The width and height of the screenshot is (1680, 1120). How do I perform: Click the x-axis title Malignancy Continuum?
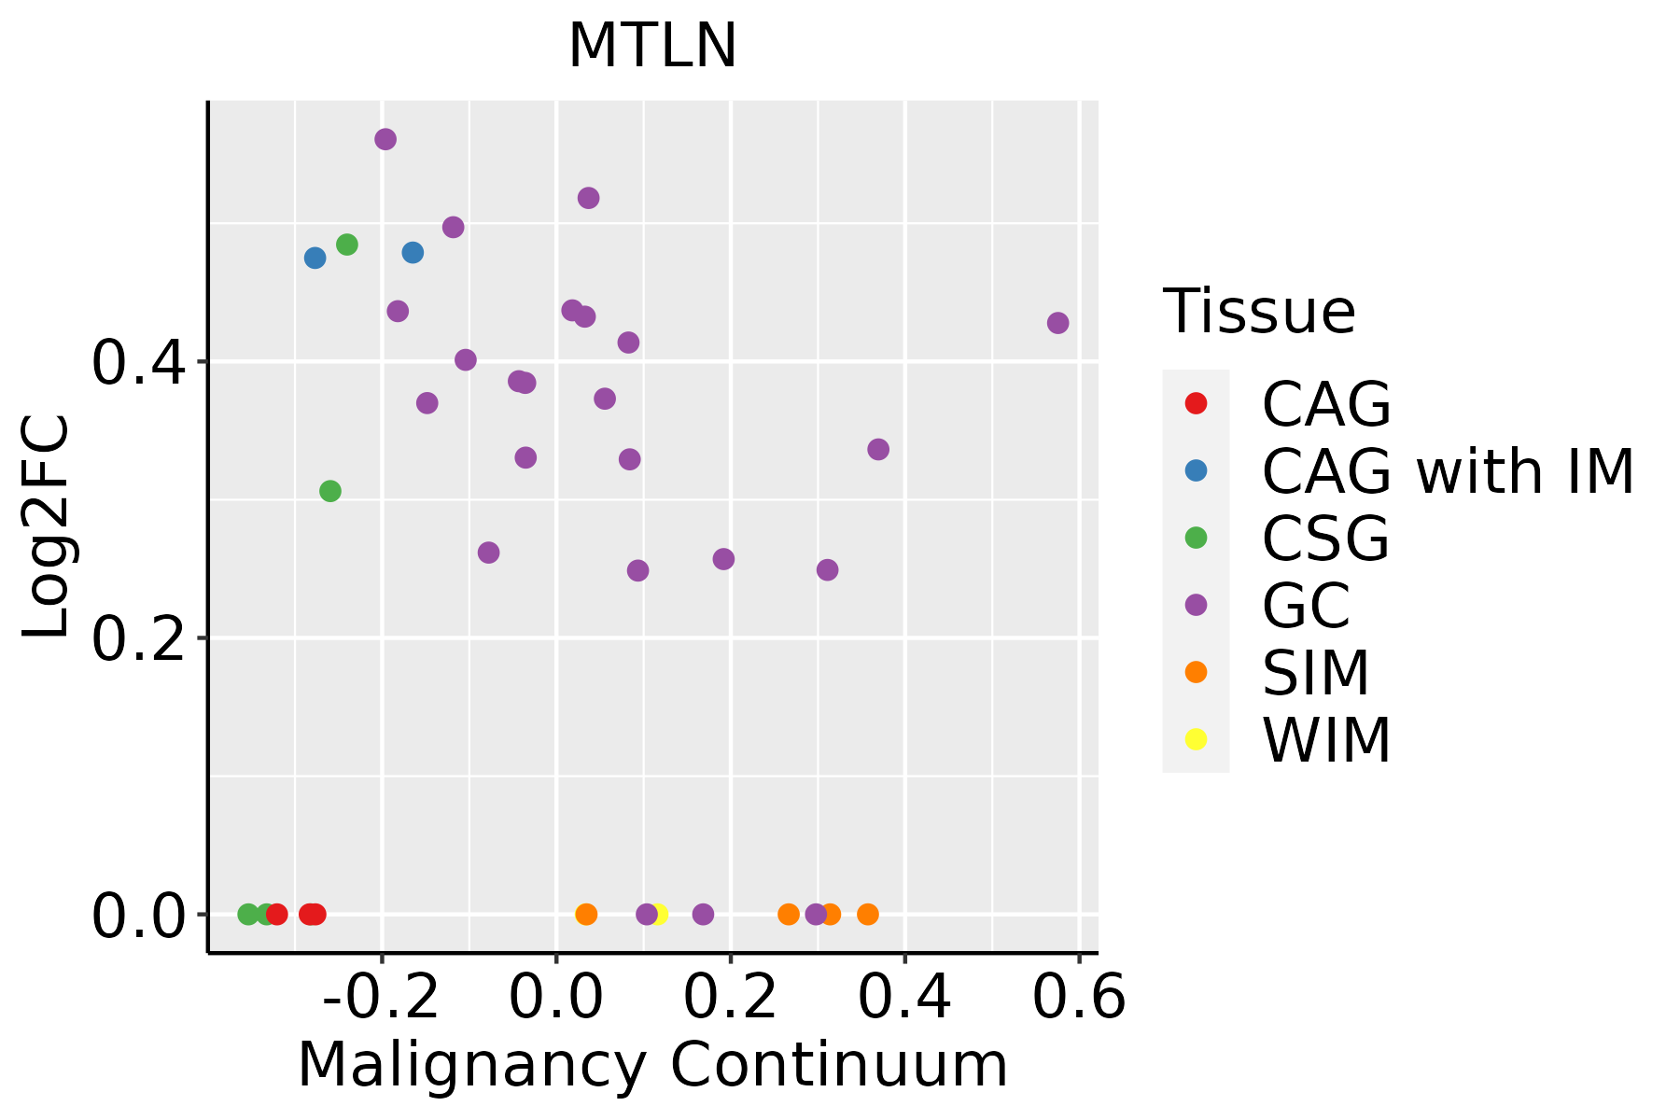(x=652, y=1065)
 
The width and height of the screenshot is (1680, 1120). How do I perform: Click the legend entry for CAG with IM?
(x=1448, y=471)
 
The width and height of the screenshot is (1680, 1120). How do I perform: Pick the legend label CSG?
(x=1325, y=539)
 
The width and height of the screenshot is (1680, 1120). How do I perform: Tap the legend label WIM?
(x=1326, y=740)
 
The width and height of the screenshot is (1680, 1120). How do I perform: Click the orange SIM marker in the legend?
(x=1196, y=672)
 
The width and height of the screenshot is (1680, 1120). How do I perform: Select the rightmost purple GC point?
(x=1057, y=323)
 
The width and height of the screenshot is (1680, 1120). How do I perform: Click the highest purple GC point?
(x=385, y=139)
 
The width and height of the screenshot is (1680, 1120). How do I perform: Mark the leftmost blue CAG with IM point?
(x=315, y=258)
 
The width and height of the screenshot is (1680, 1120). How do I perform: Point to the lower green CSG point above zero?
(x=330, y=491)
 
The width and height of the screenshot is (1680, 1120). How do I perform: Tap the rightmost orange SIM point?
(x=868, y=914)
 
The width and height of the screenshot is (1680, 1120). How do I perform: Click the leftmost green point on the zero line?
(x=248, y=914)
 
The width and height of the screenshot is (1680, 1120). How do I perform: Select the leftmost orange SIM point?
(x=586, y=914)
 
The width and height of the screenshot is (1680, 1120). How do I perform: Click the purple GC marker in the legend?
(x=1196, y=605)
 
